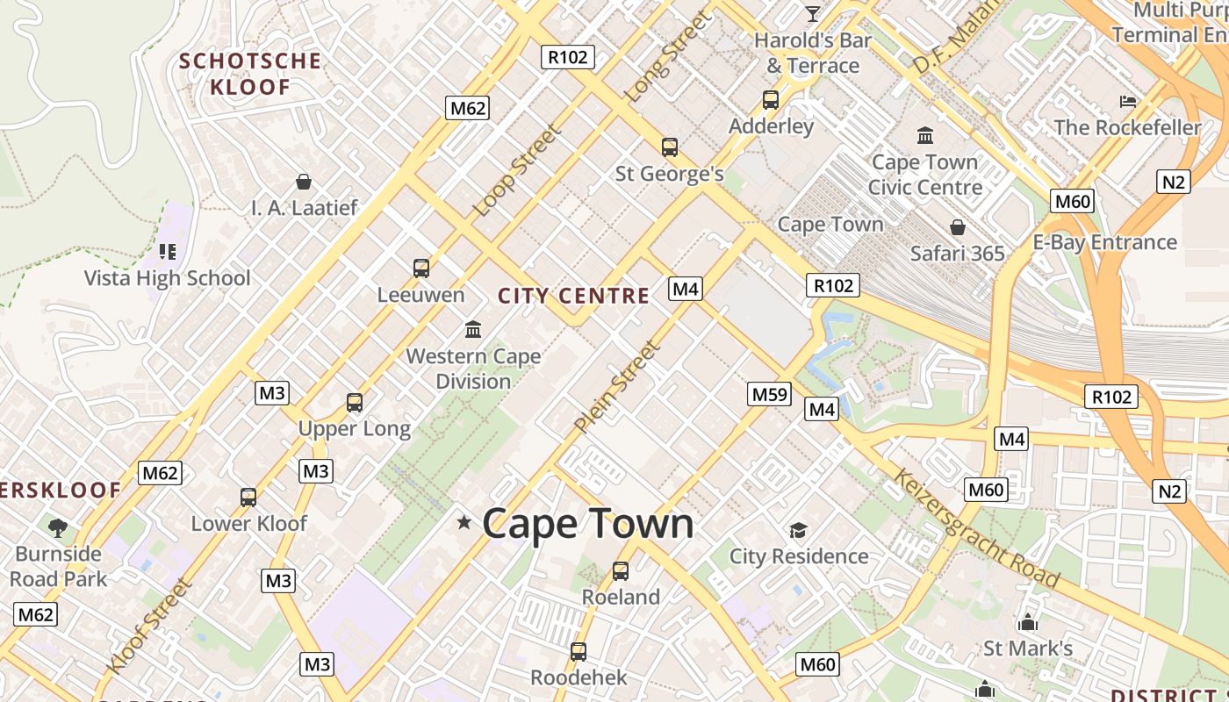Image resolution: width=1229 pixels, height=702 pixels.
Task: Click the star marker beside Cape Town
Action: (x=464, y=523)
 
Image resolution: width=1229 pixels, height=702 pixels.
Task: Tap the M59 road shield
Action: (x=770, y=394)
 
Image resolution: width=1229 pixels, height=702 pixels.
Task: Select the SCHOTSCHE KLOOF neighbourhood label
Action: (x=250, y=74)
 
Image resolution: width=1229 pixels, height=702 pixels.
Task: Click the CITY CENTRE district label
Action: (x=574, y=296)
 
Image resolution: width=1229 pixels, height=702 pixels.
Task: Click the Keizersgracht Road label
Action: (x=976, y=528)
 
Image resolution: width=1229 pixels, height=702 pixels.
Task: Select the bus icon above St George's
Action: (x=670, y=147)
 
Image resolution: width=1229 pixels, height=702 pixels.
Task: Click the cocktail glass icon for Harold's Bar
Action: (x=813, y=14)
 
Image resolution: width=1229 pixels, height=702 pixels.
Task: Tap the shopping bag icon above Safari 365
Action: (x=958, y=227)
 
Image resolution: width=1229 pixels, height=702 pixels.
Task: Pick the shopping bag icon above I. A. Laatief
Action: (x=304, y=182)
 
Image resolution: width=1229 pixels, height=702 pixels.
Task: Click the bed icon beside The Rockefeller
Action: (x=1128, y=102)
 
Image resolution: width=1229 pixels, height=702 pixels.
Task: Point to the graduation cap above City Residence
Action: (x=798, y=530)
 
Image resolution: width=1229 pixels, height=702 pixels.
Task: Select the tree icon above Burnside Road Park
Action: (x=58, y=527)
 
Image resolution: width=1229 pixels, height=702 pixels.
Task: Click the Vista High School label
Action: (x=167, y=278)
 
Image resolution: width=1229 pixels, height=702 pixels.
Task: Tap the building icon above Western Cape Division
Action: (x=473, y=330)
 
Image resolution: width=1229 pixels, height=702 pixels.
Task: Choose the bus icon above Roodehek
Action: (x=578, y=651)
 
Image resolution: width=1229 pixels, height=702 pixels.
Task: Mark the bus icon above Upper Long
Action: (x=355, y=403)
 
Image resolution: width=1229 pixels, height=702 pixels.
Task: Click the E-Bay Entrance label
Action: (x=1104, y=242)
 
